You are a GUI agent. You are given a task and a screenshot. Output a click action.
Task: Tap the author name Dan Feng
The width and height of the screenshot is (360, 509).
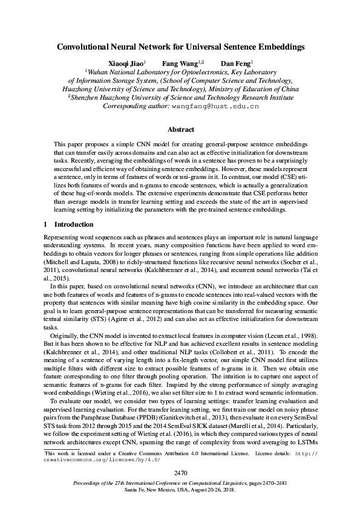[234, 63]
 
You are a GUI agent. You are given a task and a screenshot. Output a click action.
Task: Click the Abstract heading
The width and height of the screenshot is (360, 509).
[180, 129]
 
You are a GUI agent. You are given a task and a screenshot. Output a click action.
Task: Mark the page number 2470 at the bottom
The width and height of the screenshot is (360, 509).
[180, 472]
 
